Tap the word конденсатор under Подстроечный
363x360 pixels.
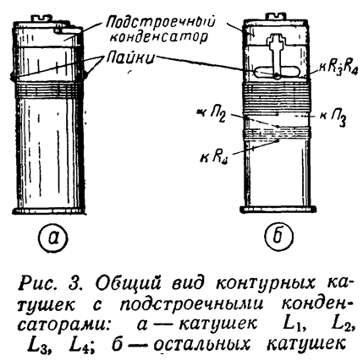[159, 37]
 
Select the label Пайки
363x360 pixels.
[130, 58]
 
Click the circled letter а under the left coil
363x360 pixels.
[53, 237]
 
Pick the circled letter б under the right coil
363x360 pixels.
[278, 237]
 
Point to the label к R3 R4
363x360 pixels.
[335, 68]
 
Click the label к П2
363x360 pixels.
[212, 115]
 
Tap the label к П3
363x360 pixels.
[333, 117]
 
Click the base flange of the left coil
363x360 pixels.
[49, 210]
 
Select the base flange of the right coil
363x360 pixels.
[278, 210]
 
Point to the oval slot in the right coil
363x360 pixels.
[277, 71]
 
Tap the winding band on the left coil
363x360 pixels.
[47, 90]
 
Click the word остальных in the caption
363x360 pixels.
[201, 344]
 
